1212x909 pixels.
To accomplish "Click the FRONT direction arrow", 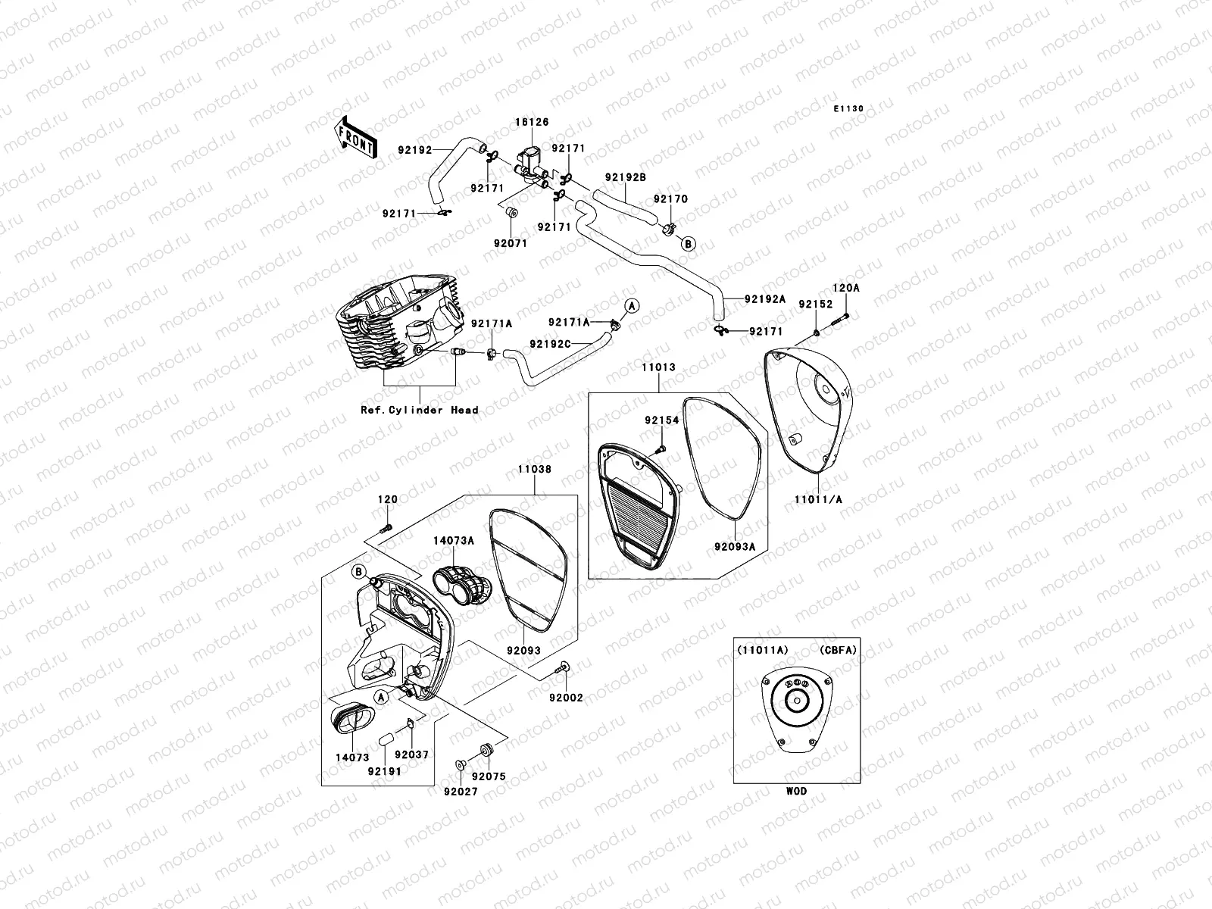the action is pos(356,138).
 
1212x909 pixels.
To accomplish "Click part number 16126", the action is pos(533,122).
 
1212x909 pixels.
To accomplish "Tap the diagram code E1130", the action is pos(848,109).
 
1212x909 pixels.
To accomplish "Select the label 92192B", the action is pos(626,177).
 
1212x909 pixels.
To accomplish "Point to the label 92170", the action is pos(671,198).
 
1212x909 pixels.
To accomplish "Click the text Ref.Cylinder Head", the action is pos(420,410).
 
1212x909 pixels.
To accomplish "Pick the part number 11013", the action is pos(659,367).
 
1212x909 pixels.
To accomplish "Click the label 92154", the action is pos(662,420).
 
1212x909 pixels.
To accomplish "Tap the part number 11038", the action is pos(535,469).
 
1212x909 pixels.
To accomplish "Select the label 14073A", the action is pos(453,541).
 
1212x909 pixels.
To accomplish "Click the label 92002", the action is pos(566,698).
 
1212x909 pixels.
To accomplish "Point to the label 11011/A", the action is pos(818,499).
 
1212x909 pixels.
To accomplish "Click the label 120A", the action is pos(846,288).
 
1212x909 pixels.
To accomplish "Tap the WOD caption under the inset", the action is pos(797,791).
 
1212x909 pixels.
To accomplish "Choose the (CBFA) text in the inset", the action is pos(839,650).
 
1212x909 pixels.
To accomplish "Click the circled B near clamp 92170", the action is pos(688,243).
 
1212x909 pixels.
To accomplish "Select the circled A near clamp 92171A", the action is pos(633,306).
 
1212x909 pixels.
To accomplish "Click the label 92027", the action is pos(461,792).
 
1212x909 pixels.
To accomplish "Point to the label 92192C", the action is pos(551,344).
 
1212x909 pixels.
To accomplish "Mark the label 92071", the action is pos(511,243).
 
